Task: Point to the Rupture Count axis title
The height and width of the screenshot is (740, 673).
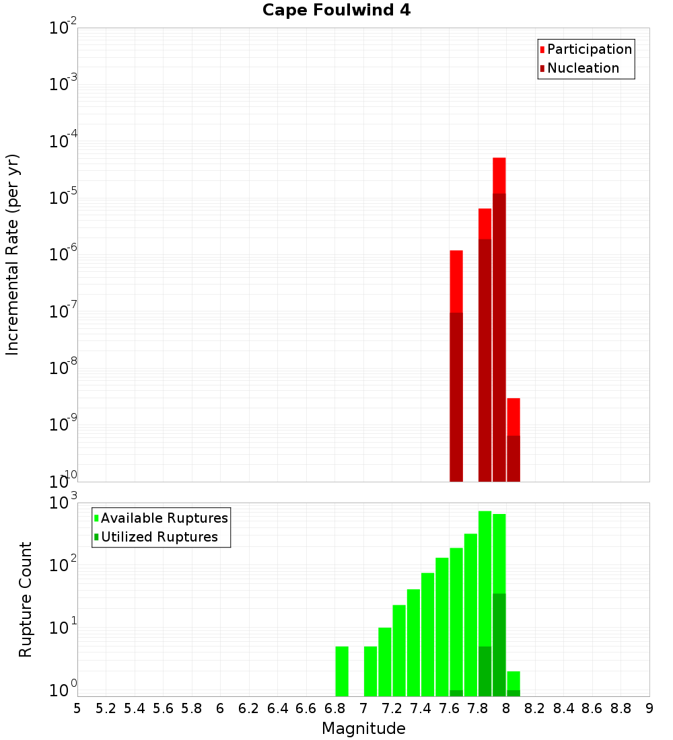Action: click(x=26, y=599)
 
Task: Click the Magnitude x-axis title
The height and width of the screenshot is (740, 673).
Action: click(x=363, y=729)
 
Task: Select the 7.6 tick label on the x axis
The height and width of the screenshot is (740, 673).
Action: click(x=450, y=708)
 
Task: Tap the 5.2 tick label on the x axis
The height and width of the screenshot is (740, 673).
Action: click(x=106, y=708)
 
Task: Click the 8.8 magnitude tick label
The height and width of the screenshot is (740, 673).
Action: click(x=621, y=708)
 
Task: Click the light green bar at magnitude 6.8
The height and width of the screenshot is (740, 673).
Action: click(x=342, y=671)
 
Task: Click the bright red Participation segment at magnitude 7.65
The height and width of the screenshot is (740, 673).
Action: click(x=456, y=281)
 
